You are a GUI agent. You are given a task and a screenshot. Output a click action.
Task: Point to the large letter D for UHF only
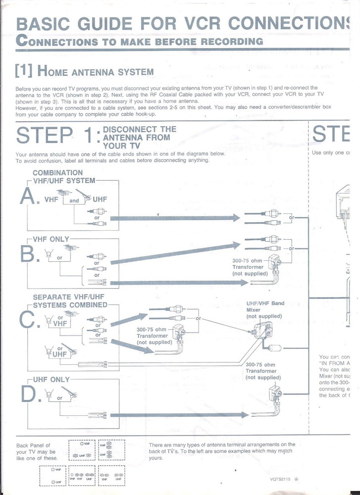tap(29, 394)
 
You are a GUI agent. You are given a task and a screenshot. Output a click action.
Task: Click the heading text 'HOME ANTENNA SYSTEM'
tap(96, 71)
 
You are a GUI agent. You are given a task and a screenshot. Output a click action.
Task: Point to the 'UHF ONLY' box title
tap(51, 380)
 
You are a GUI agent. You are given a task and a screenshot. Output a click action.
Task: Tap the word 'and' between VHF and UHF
tap(74, 201)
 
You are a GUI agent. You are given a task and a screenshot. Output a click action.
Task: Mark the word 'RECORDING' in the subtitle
tap(232, 41)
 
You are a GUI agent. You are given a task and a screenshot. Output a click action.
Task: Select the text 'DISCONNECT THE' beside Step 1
tap(139, 129)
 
